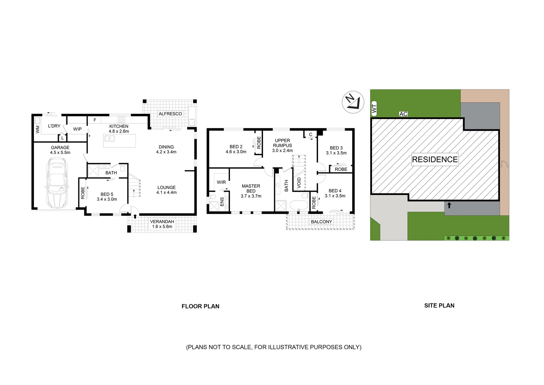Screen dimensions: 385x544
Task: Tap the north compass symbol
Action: point(353,102)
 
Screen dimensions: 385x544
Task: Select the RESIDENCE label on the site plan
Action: point(435,159)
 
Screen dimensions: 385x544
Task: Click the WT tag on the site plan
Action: point(374,109)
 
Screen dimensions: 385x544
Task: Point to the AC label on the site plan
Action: point(403,114)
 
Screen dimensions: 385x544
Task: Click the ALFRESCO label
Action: point(170,114)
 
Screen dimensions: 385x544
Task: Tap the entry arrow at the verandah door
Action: point(135,216)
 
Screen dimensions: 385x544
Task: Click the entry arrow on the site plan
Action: point(449,205)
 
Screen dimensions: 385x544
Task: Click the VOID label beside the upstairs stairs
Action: point(299,183)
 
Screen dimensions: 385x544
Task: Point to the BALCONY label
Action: point(321,222)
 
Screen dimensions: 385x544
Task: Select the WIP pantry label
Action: point(77,129)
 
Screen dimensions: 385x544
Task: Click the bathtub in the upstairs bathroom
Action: point(298,206)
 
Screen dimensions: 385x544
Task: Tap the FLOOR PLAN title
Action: point(200,306)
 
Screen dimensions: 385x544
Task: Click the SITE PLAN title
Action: point(439,306)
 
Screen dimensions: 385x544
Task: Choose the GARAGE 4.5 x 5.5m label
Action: point(60,150)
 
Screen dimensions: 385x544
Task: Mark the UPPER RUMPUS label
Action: point(282,145)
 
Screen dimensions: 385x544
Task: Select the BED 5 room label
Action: point(107,197)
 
